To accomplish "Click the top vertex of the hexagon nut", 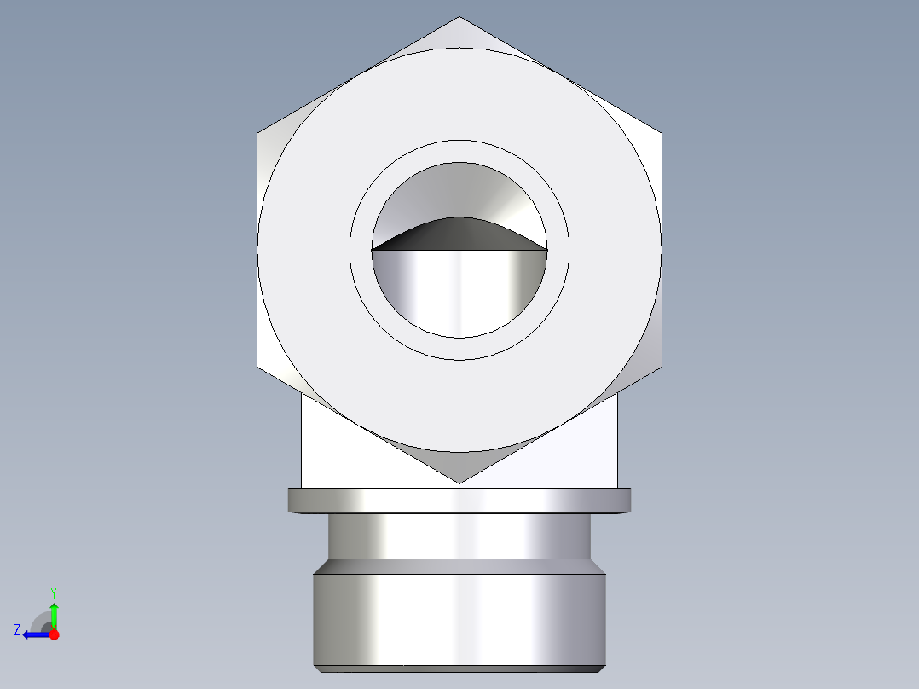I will click(459, 18).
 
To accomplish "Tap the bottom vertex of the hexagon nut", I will click(459, 483).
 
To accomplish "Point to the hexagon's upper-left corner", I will click(258, 134).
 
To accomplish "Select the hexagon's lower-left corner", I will click(258, 368).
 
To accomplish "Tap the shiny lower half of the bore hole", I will click(459, 290).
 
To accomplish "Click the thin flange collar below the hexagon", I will click(459, 500).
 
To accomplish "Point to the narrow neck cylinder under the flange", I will click(459, 536).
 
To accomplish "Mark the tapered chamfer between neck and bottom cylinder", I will click(459, 567).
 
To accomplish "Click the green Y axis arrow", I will click(54, 612).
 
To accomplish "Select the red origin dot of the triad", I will click(54, 634).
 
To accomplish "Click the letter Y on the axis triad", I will click(54, 592).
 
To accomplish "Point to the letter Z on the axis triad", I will click(17, 630).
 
